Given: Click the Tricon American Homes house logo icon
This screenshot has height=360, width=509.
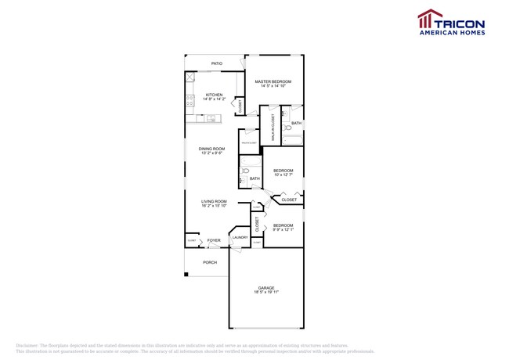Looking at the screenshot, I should pos(426,18).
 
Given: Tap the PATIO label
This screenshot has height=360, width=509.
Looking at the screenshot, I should pos(216,63).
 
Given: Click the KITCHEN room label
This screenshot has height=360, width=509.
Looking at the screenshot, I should pos(214,95).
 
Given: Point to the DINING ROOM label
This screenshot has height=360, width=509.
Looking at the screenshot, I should pos(211,149).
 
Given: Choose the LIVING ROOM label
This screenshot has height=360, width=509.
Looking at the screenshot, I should pos(213,201).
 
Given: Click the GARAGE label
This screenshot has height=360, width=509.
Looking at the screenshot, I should pos(265,287).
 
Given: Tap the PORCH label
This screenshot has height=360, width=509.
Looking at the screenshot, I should pos(210,262).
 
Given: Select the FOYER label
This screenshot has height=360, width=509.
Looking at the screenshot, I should pos(213,240).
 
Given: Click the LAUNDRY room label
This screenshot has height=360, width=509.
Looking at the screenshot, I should pos(240,237).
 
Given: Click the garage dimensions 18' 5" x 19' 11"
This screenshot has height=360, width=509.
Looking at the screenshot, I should pos(265,292).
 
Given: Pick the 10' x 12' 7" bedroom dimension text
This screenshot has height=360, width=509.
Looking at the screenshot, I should pos(283,175).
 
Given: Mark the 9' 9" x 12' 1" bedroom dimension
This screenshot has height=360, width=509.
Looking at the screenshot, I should pos(283,229).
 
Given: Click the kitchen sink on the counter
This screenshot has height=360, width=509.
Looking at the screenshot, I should pos(211,118).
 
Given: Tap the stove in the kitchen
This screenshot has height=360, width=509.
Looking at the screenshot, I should pos(190,99).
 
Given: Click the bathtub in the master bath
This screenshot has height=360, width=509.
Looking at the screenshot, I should pos(293,140).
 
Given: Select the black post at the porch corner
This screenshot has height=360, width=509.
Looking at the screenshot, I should pos(186,274).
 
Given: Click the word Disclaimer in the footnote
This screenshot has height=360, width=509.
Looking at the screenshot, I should pos(27,345).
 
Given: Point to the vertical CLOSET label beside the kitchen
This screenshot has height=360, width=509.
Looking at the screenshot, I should pos(240,108).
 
